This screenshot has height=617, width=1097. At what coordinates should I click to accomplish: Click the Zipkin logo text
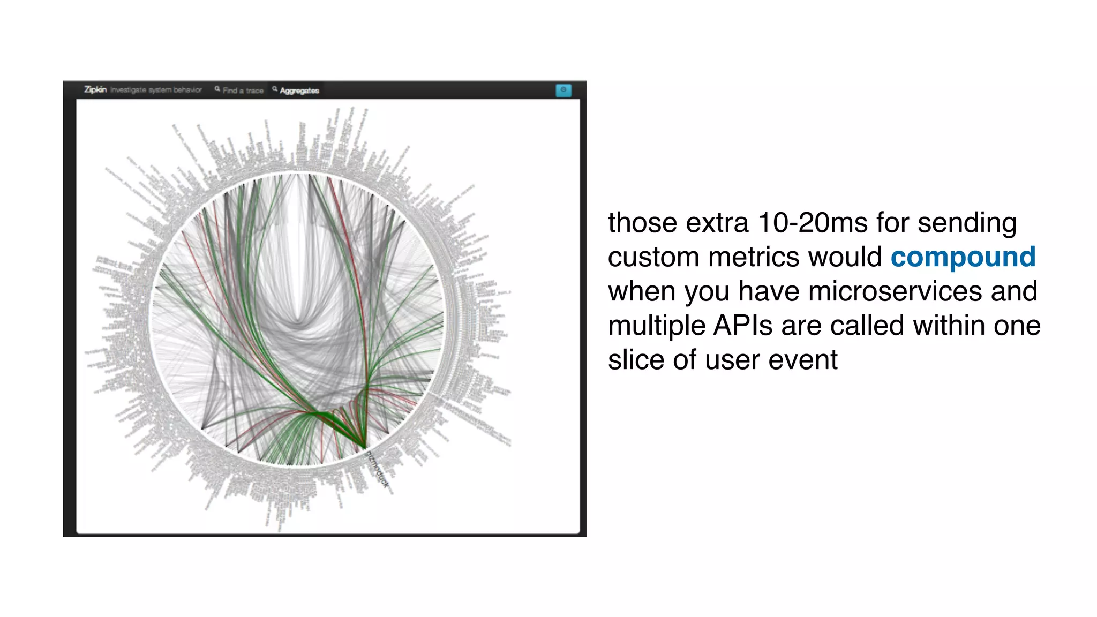(x=95, y=89)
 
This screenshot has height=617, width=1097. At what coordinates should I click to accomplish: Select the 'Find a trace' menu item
(x=243, y=91)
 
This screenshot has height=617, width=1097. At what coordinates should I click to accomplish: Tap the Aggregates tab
(x=299, y=91)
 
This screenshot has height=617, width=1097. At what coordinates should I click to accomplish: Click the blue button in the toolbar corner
(x=563, y=90)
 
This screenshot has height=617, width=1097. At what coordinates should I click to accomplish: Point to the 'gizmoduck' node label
(x=377, y=469)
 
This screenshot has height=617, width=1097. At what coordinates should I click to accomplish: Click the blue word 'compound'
(x=963, y=257)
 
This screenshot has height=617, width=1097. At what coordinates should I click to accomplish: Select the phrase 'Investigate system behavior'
(x=156, y=90)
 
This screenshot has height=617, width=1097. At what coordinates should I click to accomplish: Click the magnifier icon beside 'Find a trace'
(x=217, y=89)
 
